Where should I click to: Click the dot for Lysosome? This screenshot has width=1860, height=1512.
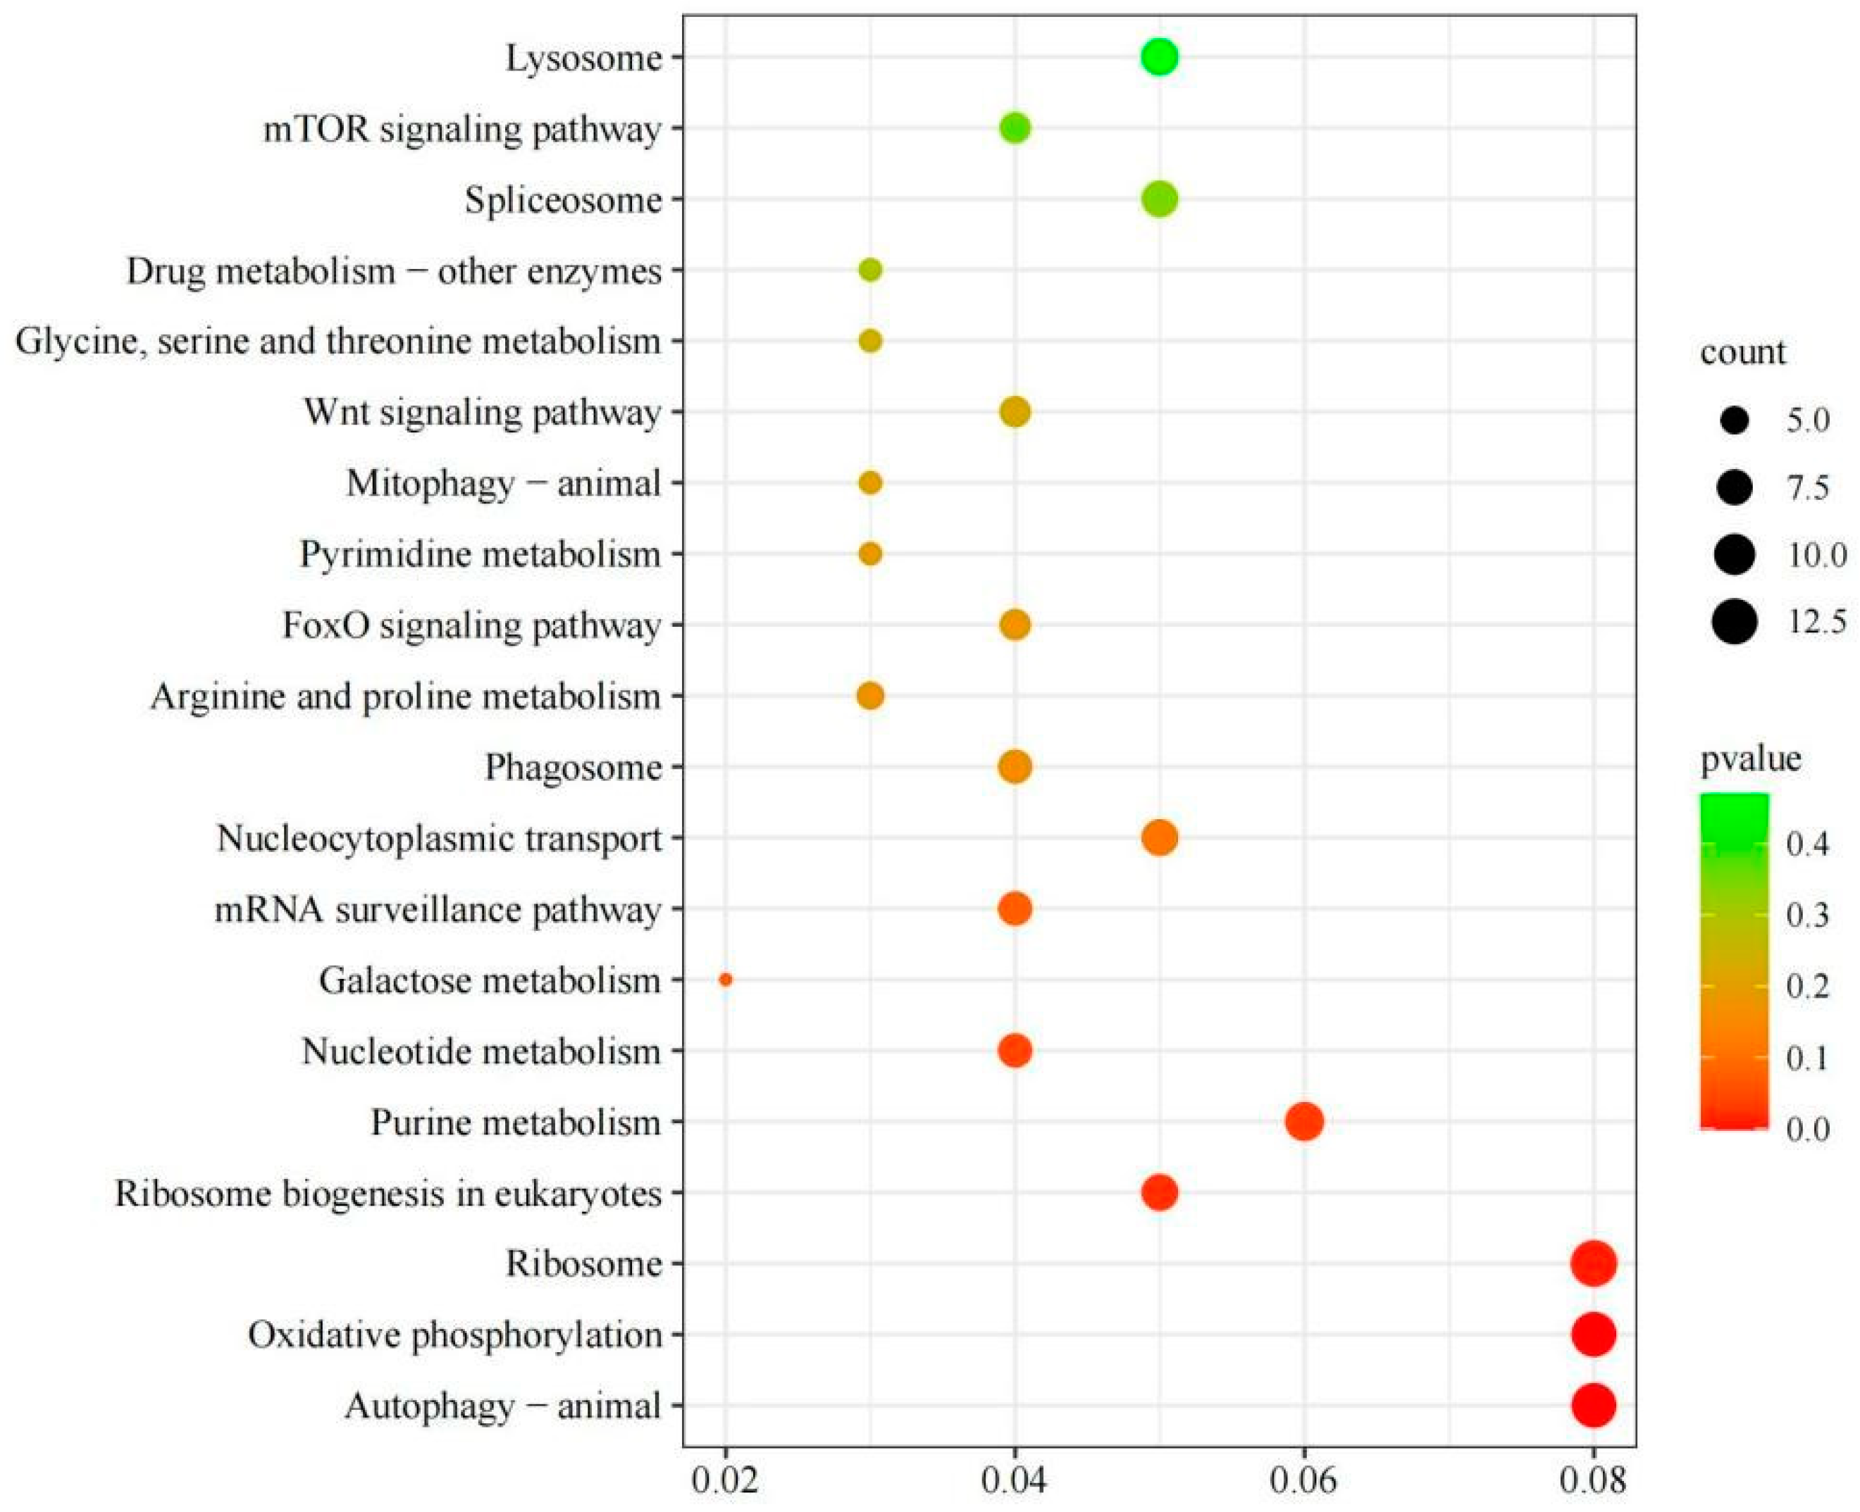coord(1159,58)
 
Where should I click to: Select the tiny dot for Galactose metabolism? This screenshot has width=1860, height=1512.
coord(726,980)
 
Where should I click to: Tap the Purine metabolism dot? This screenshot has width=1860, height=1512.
coord(1304,1121)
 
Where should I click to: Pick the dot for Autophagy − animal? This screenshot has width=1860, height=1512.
coord(1594,1405)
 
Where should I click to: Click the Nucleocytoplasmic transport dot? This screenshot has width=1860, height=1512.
coord(1159,838)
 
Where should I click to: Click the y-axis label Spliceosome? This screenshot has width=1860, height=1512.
coord(563,200)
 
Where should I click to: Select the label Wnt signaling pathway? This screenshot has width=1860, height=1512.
coord(482,412)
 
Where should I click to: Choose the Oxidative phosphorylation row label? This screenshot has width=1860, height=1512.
coord(454,1335)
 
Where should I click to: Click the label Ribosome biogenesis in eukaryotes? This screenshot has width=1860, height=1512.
coord(388,1193)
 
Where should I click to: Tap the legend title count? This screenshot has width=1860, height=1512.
coord(1742,352)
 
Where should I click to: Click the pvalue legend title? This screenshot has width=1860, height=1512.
coord(1750,758)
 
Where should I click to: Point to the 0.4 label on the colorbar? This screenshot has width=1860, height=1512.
coord(1807,844)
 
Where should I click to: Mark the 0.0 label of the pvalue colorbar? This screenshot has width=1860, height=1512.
coord(1807,1129)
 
